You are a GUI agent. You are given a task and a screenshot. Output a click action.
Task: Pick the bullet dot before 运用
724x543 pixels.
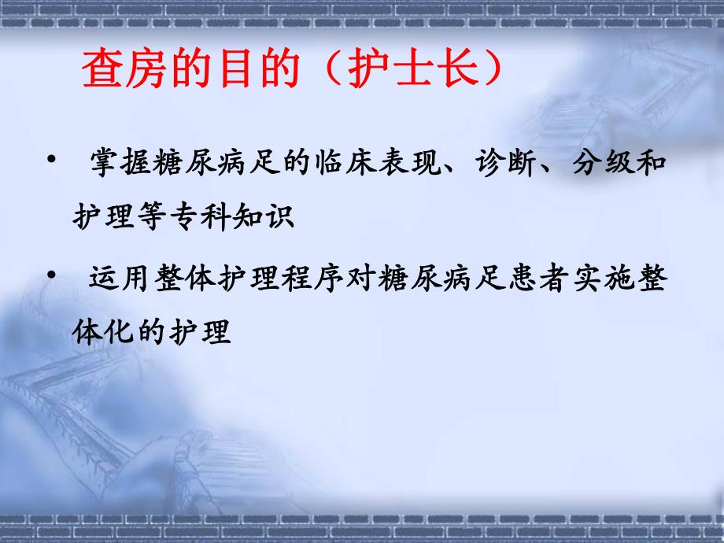[x=51, y=276]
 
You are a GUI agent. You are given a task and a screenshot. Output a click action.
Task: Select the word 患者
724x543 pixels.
[x=524, y=282]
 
